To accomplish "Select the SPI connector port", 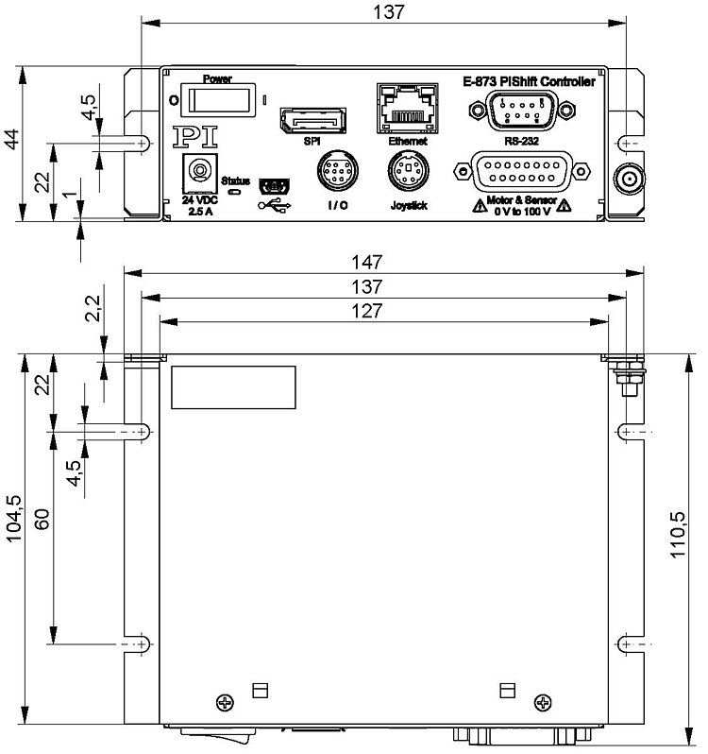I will click(x=311, y=121).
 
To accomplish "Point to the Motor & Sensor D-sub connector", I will click(x=514, y=175).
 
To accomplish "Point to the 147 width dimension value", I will click(x=383, y=261).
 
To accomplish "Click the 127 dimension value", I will click(x=383, y=311).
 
